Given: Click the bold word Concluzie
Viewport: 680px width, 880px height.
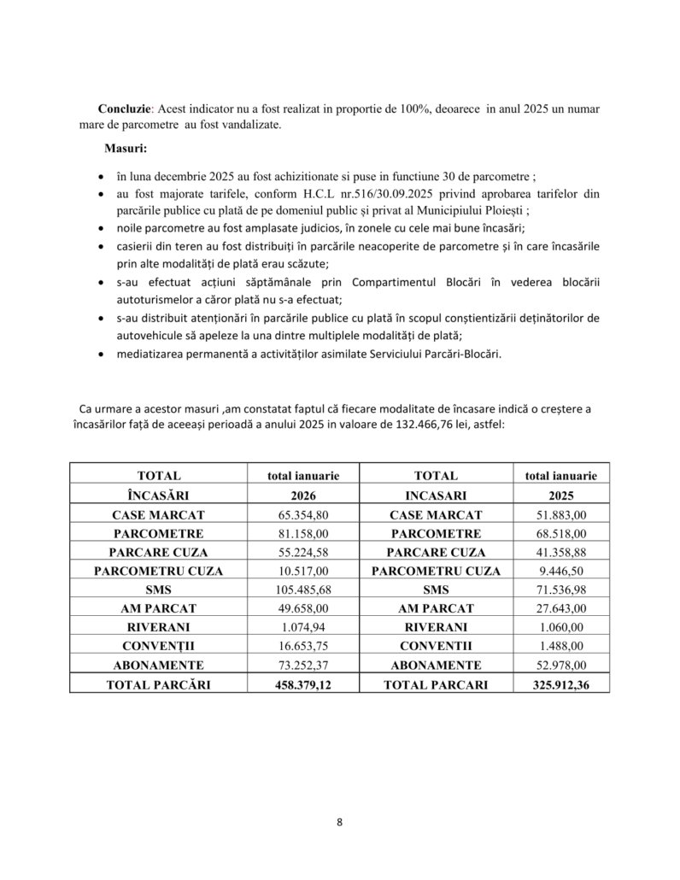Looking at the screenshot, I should pos(125,110).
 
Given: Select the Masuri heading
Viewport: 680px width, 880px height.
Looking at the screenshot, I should pos(126,149).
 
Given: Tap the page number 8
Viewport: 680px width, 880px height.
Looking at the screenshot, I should pos(339,822).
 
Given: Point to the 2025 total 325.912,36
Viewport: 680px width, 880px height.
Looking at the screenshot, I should pos(560,684).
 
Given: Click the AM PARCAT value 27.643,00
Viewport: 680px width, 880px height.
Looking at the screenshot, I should pos(560,608).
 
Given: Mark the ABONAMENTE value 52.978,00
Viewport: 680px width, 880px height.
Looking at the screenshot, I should pos(560,665).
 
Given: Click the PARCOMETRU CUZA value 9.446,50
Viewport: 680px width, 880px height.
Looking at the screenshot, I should pos(560,571).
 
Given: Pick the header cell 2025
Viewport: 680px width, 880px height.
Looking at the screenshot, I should pos(560,496).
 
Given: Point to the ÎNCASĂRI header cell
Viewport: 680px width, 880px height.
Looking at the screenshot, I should pos(158,496).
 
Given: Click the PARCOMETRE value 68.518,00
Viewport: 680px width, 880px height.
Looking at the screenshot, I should pos(560,534).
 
